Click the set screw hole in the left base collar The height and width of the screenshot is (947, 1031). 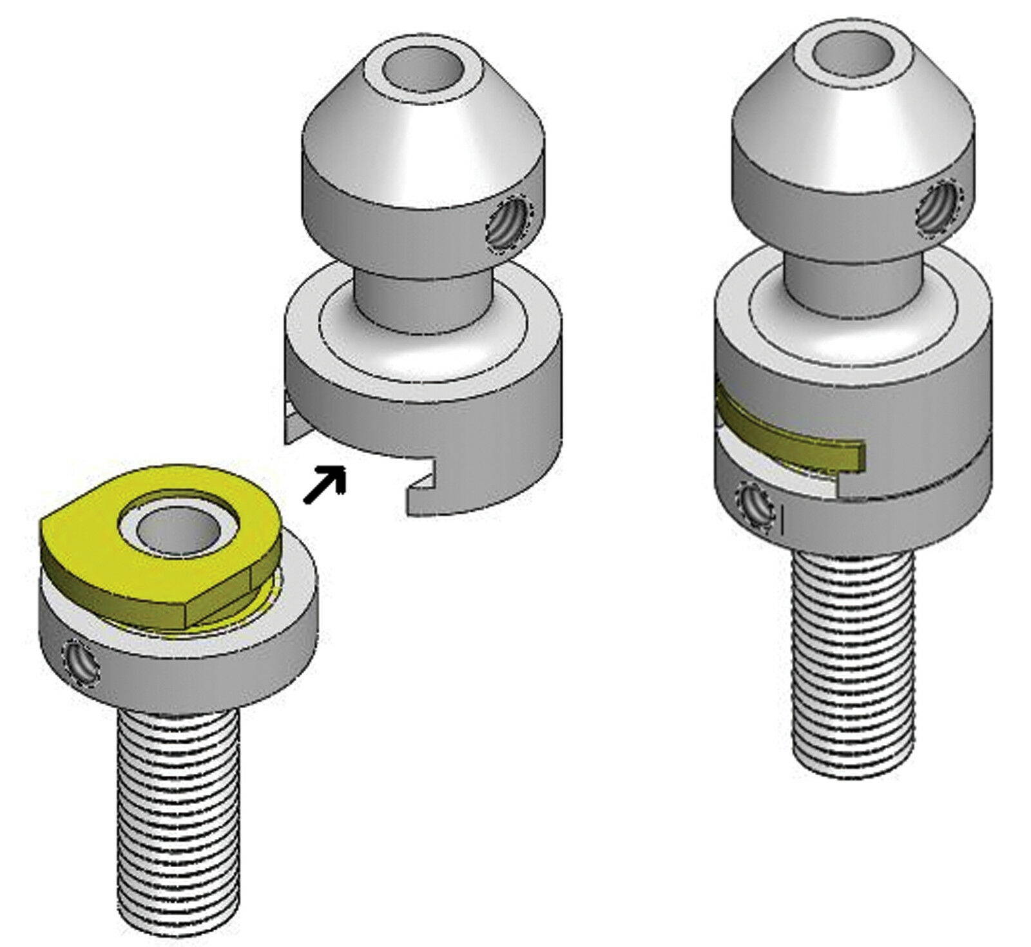[82, 661]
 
